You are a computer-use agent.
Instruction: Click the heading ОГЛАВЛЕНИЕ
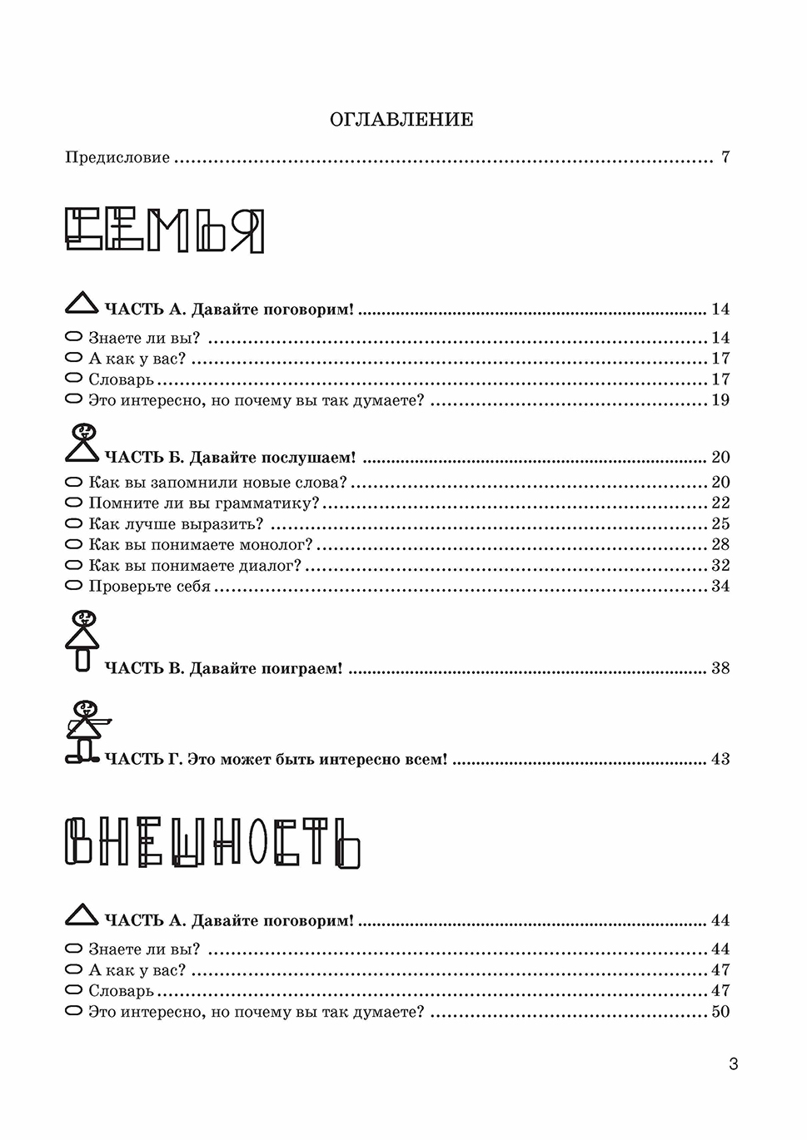coord(401,120)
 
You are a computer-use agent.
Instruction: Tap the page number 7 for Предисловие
coord(725,157)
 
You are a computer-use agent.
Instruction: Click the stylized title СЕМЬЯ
coord(165,230)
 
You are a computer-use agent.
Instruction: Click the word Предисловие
coord(117,157)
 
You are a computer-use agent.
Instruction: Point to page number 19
coord(720,400)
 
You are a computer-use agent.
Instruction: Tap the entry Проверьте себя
coord(149,587)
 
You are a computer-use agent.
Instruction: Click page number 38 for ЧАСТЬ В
coord(720,668)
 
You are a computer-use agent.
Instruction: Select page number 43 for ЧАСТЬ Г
coord(720,759)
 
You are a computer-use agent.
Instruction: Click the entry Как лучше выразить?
coord(176,524)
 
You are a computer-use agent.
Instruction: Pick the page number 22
coord(720,503)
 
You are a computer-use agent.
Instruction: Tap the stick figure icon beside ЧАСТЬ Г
coord(84,731)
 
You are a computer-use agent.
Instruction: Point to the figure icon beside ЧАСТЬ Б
coord(82,444)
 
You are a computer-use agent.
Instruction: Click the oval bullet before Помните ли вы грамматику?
coord(74,503)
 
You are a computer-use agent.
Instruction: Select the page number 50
coord(720,1012)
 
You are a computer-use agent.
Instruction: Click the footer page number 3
coord(733,1063)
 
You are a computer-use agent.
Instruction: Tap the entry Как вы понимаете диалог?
coord(195,566)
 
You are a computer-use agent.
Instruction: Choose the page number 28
coord(720,545)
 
